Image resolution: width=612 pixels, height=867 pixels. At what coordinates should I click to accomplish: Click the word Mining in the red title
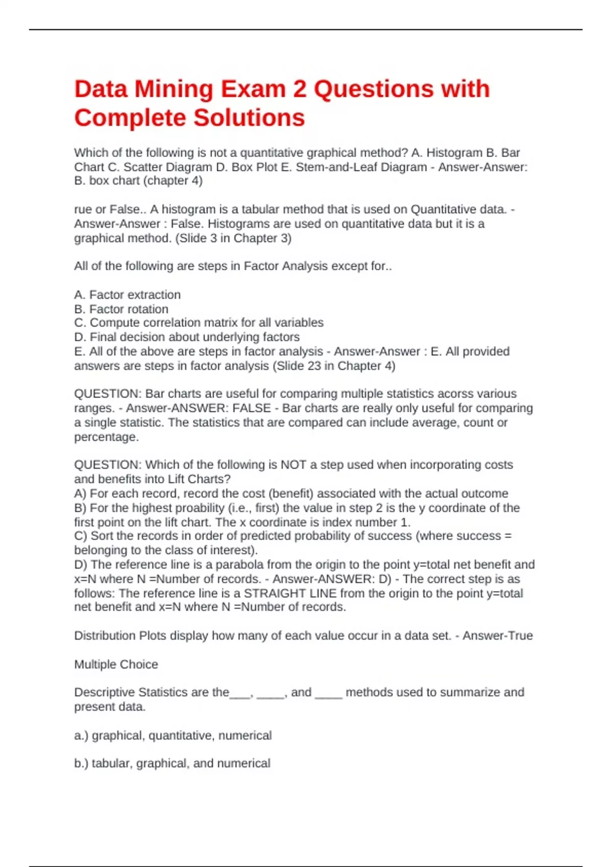173,89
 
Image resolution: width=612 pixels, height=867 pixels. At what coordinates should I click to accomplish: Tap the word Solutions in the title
249,118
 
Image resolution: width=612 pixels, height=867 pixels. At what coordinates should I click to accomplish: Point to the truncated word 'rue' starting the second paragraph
83,209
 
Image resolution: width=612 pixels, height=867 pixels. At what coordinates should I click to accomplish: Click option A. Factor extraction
127,295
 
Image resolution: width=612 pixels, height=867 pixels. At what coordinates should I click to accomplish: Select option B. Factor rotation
121,309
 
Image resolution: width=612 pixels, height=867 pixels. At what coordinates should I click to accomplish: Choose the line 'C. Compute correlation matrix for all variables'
199,323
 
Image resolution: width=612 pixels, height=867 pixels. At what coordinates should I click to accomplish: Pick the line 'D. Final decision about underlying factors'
187,337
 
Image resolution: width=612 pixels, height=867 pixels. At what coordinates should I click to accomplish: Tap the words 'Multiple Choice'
116,665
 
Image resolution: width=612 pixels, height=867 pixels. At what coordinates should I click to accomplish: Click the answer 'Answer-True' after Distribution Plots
498,635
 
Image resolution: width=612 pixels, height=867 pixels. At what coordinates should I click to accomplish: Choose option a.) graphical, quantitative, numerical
173,735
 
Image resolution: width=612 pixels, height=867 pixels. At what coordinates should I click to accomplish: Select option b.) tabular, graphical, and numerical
172,763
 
